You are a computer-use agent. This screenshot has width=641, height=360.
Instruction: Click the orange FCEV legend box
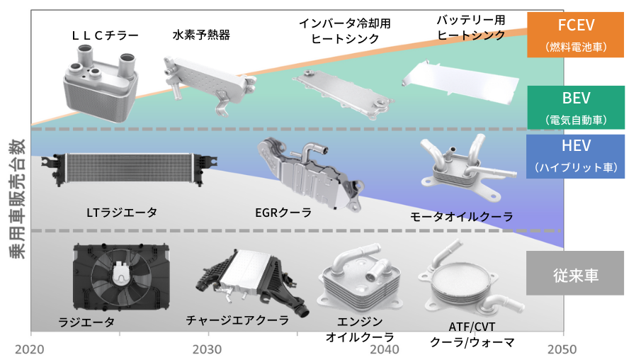coord(575,34)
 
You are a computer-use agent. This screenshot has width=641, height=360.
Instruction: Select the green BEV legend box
coord(575,107)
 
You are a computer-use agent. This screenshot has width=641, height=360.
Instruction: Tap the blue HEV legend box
coord(575,155)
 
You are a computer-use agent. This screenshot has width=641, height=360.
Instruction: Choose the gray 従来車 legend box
coord(575,274)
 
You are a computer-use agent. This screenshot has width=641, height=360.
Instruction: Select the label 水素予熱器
coord(201,34)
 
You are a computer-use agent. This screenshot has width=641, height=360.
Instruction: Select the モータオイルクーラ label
coord(461,217)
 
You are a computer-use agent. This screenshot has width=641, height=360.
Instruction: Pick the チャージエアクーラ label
coord(237,320)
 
